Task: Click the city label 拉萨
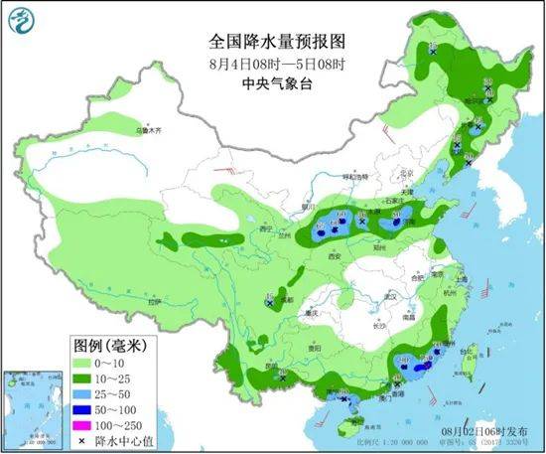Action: (154, 301)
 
